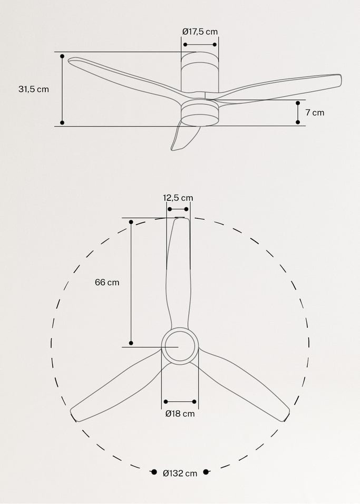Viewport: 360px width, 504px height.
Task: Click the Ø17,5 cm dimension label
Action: click(x=200, y=32)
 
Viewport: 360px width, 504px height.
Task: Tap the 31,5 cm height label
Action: click(x=34, y=89)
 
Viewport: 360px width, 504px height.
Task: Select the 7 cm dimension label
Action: click(x=315, y=112)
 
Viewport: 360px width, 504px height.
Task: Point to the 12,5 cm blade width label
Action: click(x=178, y=198)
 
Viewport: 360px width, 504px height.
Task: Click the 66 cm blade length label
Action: click(x=107, y=282)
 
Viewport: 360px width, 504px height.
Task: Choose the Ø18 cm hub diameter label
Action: click(x=180, y=414)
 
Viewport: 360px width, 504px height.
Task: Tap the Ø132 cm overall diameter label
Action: click(x=180, y=473)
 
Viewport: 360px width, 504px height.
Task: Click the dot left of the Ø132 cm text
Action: click(x=154, y=472)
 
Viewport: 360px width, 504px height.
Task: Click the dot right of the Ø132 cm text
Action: click(x=206, y=472)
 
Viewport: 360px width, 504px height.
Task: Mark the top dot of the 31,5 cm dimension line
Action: click(x=62, y=56)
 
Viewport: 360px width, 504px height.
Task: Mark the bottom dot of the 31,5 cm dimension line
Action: click(x=62, y=122)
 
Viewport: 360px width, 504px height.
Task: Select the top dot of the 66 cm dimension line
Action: click(x=131, y=222)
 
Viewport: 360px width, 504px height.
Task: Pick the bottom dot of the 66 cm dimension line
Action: click(x=131, y=343)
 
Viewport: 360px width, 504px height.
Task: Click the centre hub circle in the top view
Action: click(x=180, y=346)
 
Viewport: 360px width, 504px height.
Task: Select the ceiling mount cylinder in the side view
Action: click(x=200, y=74)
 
